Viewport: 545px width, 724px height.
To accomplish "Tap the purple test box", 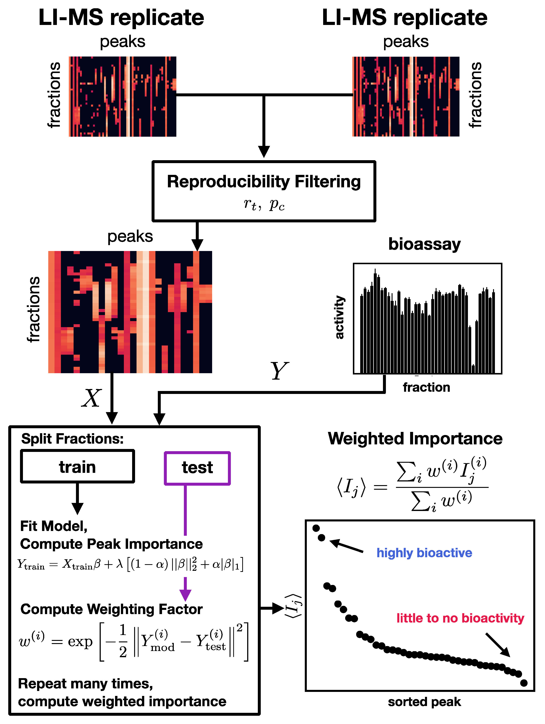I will [197, 468].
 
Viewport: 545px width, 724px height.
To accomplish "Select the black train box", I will [78, 466].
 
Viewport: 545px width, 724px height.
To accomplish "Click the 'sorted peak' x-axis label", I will [424, 702].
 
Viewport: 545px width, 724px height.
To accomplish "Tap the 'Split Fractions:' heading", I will [72, 439].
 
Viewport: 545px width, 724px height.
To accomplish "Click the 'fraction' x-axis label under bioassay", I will [426, 388].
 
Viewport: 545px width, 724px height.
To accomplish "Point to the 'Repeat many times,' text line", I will [86, 684].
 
